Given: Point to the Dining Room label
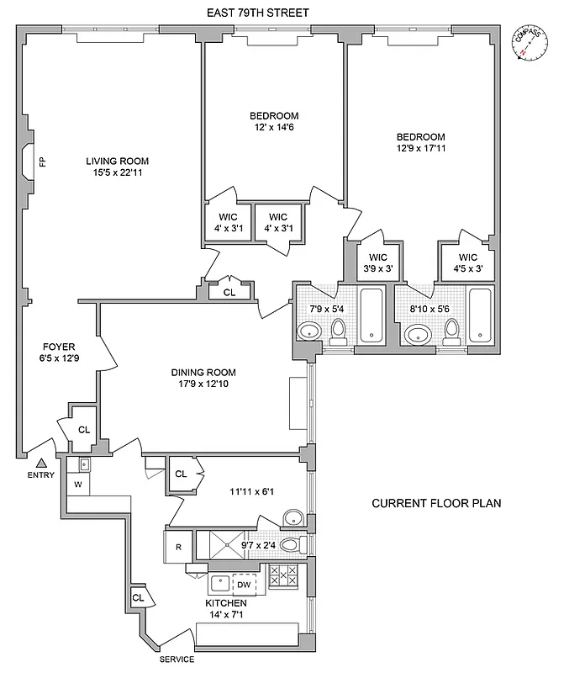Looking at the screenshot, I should (203, 373).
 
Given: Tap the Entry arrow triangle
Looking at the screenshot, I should (41, 461).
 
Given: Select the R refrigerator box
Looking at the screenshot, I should (179, 546).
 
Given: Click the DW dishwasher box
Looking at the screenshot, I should (243, 585).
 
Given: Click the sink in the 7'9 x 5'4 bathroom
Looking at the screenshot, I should (309, 333).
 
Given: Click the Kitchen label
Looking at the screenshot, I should (226, 603).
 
